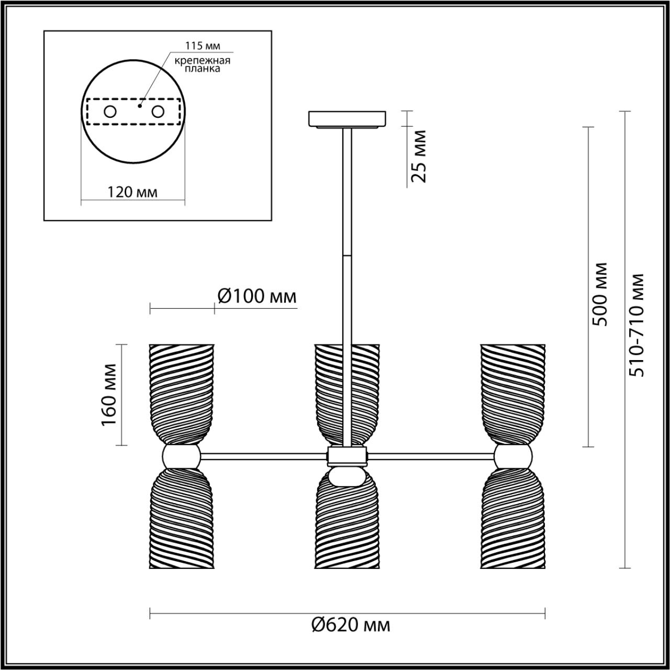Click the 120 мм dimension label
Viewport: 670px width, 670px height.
(132, 192)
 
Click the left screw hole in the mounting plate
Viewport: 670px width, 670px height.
(110, 111)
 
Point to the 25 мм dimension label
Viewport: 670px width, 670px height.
(419, 156)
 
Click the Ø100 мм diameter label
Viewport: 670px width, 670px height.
(256, 297)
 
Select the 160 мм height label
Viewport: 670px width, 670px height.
(109, 394)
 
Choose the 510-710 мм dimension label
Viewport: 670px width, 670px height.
(638, 325)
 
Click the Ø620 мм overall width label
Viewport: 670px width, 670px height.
(350, 624)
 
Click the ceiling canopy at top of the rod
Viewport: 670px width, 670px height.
(348, 119)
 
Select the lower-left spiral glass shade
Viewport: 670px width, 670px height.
(182, 518)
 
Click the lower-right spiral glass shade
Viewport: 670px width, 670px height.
(513, 518)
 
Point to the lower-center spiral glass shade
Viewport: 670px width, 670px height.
(348, 523)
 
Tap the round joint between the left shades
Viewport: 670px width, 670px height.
(182, 456)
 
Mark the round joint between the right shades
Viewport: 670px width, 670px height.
(513, 456)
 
